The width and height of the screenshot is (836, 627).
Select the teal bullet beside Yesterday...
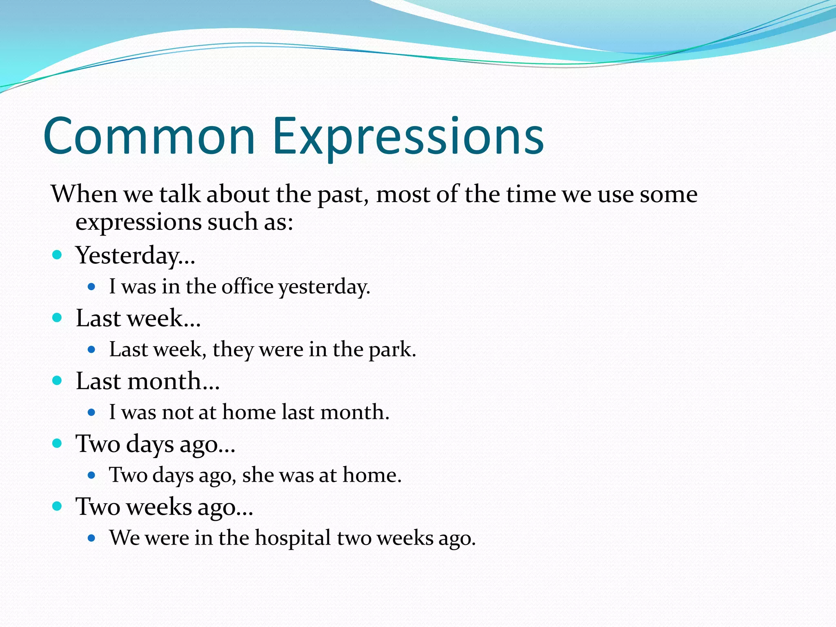click(57, 255)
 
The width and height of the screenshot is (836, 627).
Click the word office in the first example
click(247, 286)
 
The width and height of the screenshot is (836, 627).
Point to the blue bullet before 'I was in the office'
click(91, 287)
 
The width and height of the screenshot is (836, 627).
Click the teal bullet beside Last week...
click(57, 318)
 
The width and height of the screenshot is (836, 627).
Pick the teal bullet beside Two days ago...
click(57, 443)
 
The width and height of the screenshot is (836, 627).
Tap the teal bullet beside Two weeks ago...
click(57, 506)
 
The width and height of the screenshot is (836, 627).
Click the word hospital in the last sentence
click(293, 538)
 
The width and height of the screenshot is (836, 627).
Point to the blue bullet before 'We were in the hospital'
click(91, 538)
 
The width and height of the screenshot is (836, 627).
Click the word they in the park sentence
click(232, 350)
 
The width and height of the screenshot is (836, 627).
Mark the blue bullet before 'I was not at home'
click(91, 412)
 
